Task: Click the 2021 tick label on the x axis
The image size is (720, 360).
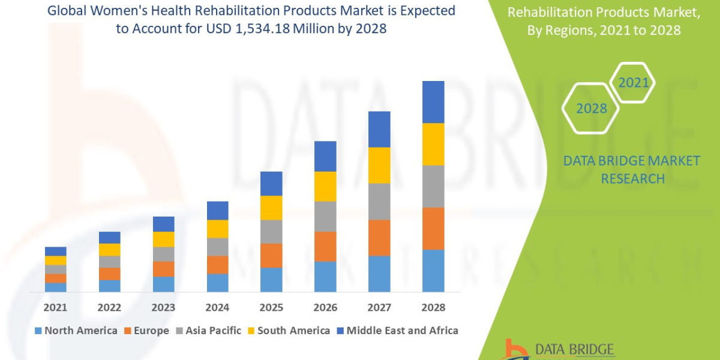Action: (x=55, y=307)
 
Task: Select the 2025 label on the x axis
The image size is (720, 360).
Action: (x=271, y=307)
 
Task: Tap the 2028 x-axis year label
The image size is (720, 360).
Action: (x=433, y=307)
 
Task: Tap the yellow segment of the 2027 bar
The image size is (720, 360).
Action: (x=379, y=165)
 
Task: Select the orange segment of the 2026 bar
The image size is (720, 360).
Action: (x=325, y=246)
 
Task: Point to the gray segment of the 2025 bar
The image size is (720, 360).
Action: (x=271, y=231)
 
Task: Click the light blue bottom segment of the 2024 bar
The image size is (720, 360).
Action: (x=217, y=283)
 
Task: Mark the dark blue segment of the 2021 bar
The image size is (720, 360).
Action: (x=55, y=251)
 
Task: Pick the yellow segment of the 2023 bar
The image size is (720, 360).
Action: (x=163, y=239)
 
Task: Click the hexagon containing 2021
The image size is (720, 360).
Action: (x=633, y=83)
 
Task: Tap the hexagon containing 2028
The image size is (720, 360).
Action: (x=591, y=109)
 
